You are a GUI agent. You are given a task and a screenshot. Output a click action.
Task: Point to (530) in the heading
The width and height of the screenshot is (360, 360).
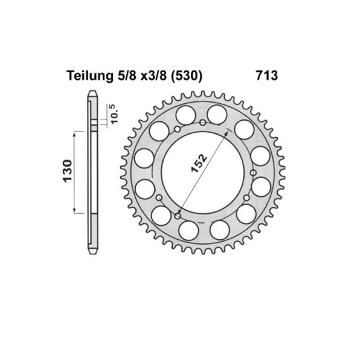[x=186, y=76]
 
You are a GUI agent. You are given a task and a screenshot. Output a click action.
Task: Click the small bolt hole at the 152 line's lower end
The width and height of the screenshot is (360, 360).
[x=178, y=217]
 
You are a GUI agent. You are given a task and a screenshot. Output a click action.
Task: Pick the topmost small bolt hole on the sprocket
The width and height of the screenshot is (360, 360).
[x=203, y=122]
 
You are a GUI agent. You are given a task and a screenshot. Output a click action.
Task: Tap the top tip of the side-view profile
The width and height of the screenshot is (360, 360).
[x=93, y=93]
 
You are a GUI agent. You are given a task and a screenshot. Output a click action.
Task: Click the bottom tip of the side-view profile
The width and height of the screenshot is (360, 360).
[x=93, y=253]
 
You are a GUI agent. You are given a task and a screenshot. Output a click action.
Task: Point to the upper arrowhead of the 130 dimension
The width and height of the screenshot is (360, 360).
[x=76, y=133]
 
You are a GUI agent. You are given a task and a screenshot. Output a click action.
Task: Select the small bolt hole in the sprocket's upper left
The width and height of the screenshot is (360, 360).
[x=176, y=129]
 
